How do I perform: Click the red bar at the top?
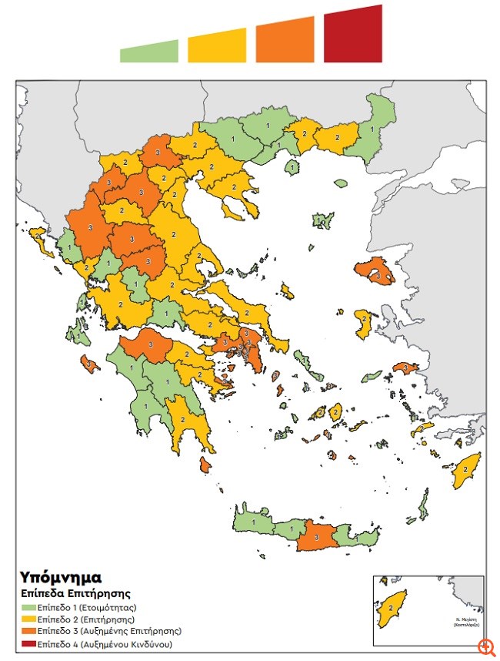tap(353, 35)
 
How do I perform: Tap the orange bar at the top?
tap(285, 41)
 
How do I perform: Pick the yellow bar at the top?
tap(218, 46)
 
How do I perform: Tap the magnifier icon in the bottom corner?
tap(485, 647)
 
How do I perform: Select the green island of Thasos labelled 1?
tap(292, 166)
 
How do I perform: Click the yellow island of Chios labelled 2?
tap(362, 319)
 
